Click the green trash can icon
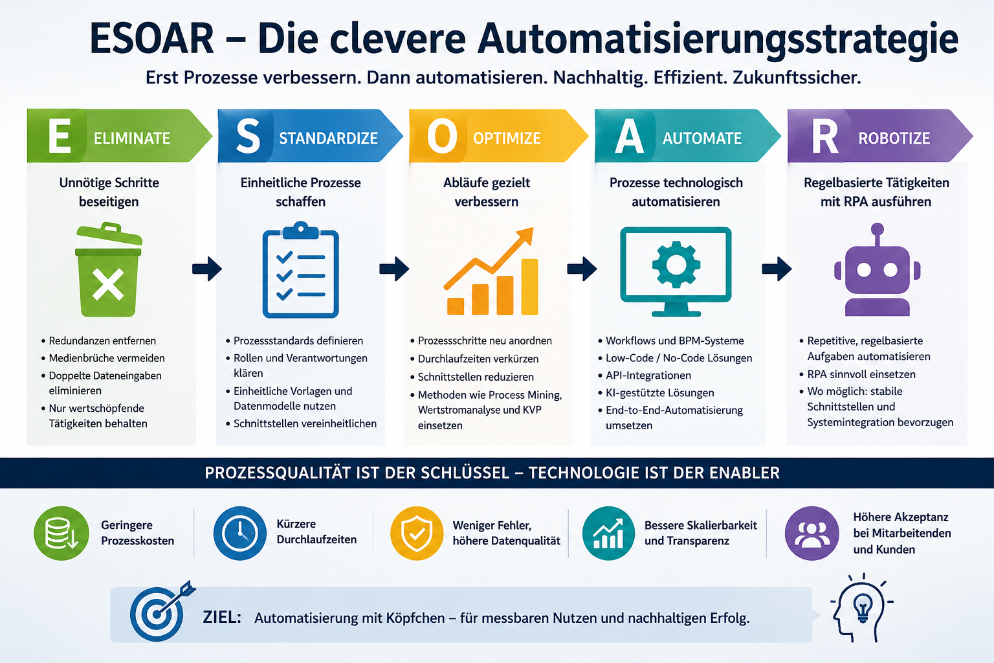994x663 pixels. point(109,270)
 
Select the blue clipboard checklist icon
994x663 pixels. point(300,269)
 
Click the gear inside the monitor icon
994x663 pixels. point(676,265)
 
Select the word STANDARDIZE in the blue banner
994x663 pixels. point(328,138)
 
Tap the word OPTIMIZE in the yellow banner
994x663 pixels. point(507,138)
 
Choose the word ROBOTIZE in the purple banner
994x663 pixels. point(894,138)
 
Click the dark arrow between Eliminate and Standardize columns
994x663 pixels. point(207,268)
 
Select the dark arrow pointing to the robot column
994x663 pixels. point(777,268)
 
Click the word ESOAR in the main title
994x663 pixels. point(152,39)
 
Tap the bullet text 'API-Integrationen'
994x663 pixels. point(648,376)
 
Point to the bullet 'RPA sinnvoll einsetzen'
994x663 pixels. point(861,374)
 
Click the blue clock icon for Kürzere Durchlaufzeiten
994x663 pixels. point(239,533)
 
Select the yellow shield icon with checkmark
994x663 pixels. point(417,533)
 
